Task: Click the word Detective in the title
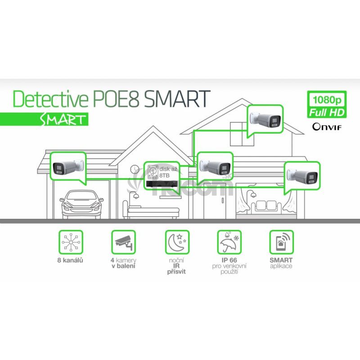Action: click(x=50, y=99)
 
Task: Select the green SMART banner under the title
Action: click(x=44, y=119)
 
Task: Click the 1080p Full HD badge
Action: click(x=327, y=104)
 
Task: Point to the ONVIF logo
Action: click(x=327, y=126)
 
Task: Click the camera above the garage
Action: click(x=68, y=167)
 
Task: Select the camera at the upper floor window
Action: click(x=265, y=119)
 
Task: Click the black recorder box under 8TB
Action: click(x=162, y=184)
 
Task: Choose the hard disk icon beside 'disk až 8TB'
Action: click(x=153, y=172)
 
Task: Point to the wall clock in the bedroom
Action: click(x=135, y=170)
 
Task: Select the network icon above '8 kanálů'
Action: click(x=71, y=242)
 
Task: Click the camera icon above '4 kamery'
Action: click(x=123, y=242)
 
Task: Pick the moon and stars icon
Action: click(x=177, y=242)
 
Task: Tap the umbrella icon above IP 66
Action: click(x=229, y=242)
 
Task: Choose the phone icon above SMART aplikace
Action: click(x=282, y=242)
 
